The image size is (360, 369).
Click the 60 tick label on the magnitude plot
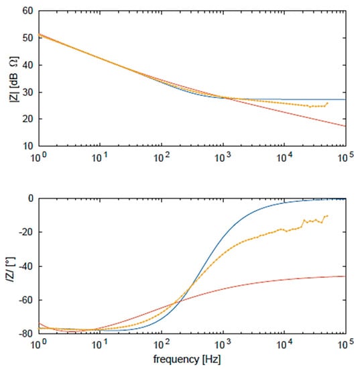click(x=27, y=11)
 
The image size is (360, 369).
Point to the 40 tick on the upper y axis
click(x=27, y=65)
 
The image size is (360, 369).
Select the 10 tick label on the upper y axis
click(x=27, y=146)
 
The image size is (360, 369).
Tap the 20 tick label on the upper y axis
click(x=27, y=119)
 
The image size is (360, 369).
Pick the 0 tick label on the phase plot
click(x=30, y=199)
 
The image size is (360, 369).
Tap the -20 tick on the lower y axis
click(x=26, y=233)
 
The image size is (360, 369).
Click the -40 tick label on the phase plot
click(x=26, y=267)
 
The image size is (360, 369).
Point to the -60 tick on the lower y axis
click(x=26, y=301)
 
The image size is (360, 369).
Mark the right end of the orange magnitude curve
click(x=327, y=103)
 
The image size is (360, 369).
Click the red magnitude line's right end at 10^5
click(x=345, y=126)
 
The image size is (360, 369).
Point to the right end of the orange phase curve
click(x=327, y=215)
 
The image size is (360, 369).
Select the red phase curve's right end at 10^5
click(x=345, y=276)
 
